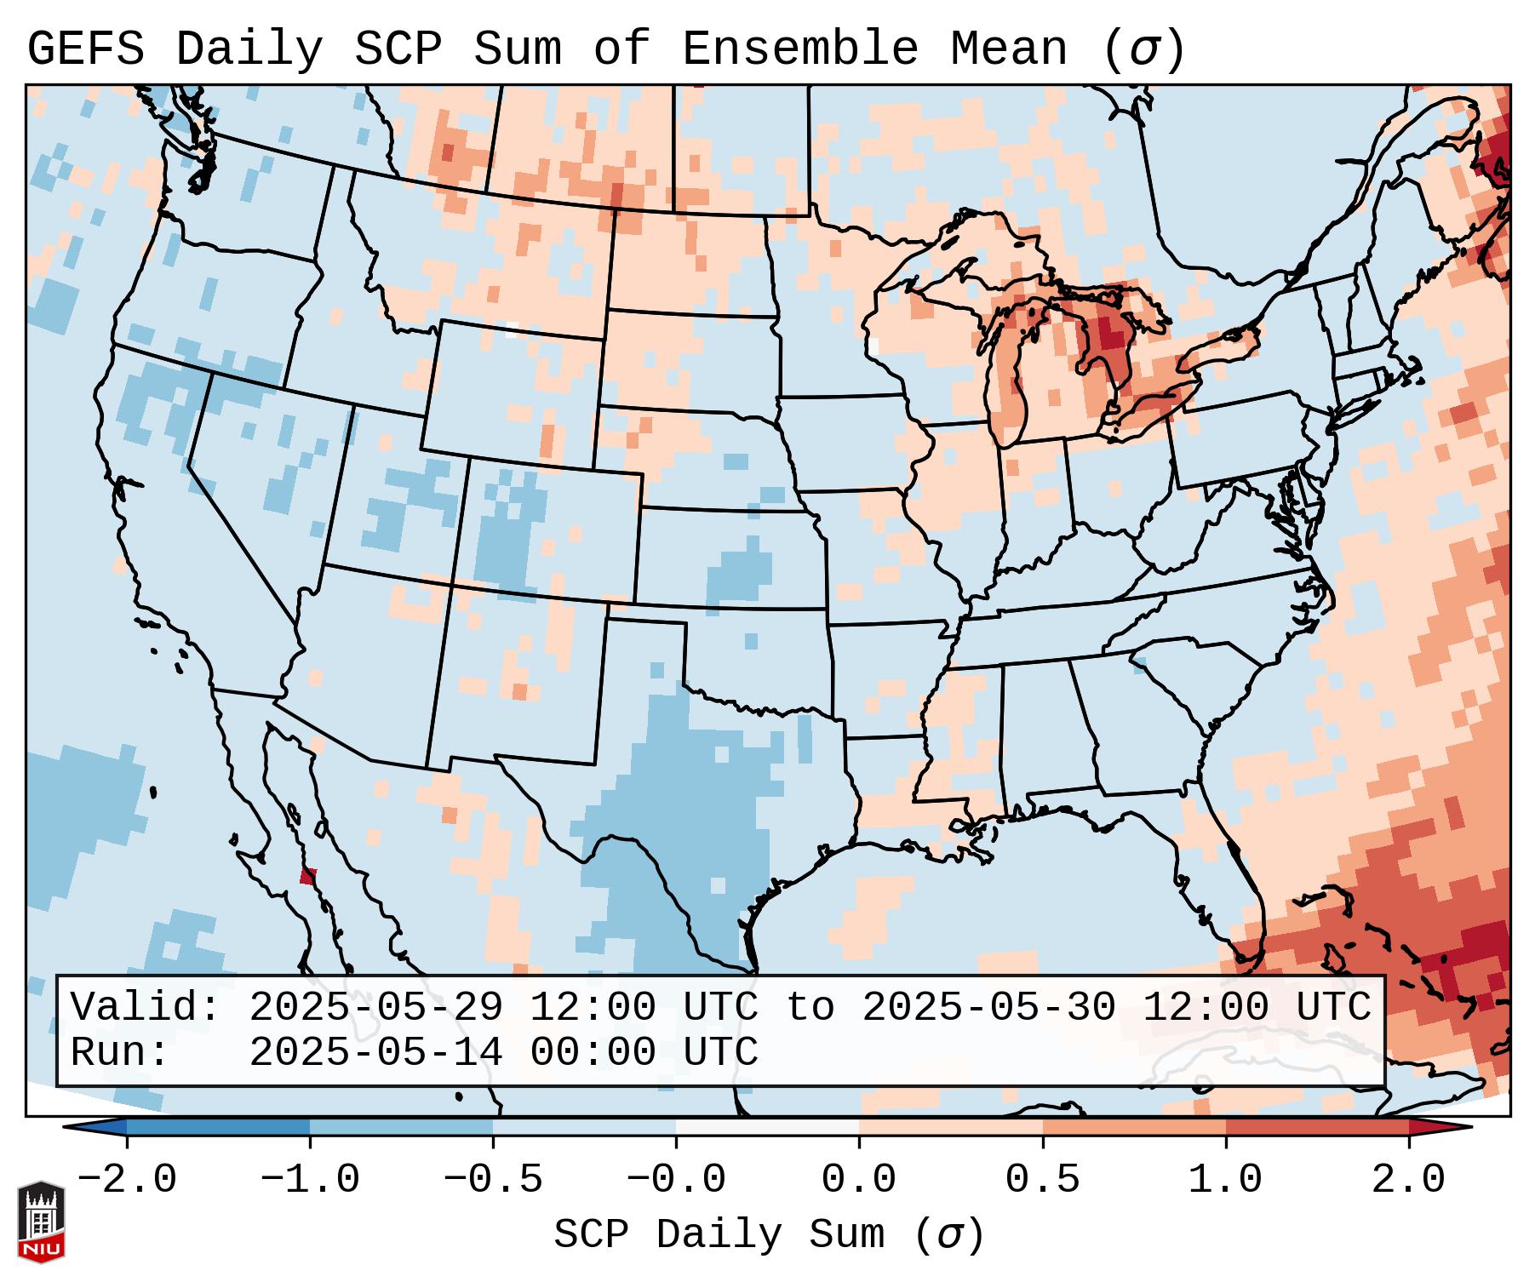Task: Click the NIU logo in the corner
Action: tap(41, 1221)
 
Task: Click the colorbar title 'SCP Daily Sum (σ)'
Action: tap(769, 1236)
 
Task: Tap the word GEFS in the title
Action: tap(85, 49)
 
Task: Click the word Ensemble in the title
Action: tap(799, 49)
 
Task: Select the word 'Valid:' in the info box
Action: tap(146, 1008)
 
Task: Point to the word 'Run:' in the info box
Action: tap(120, 1053)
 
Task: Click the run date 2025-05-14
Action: tap(375, 1053)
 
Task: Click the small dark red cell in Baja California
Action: tap(308, 876)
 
